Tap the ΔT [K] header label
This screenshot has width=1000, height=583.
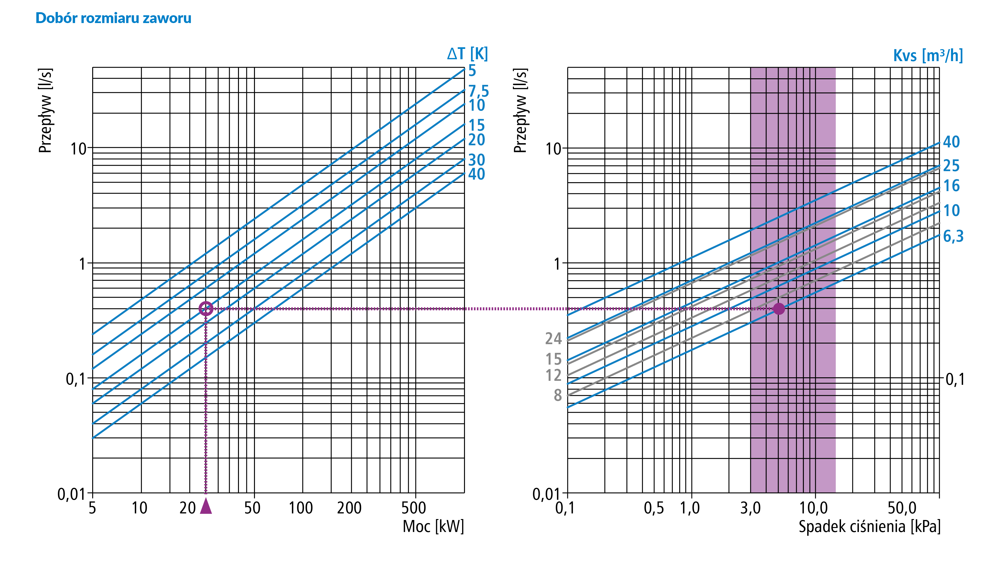pos(468,54)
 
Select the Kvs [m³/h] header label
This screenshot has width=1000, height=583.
pos(928,55)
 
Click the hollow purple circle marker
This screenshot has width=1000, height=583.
pos(206,309)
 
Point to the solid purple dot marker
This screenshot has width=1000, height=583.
pos(779,309)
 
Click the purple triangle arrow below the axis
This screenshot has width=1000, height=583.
pos(206,506)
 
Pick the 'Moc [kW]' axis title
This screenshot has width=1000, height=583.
pos(433,527)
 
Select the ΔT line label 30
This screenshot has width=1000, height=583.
pos(476,160)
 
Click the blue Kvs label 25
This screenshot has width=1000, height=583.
pos(951,166)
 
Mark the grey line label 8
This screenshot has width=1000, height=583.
pos(558,395)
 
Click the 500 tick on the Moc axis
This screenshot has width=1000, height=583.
pos(413,508)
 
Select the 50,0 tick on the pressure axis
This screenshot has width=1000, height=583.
pos(902,508)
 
